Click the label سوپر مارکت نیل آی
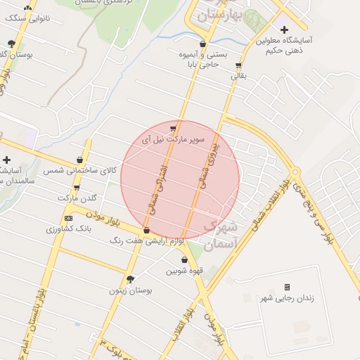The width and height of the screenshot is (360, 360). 173,139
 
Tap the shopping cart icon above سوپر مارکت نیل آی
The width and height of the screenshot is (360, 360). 173,128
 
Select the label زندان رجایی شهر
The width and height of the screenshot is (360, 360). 286,298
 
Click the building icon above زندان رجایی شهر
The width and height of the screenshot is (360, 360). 287,287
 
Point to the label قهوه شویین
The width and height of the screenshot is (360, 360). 184,271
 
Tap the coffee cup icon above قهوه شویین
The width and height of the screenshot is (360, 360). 184,259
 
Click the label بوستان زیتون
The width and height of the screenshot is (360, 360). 130,290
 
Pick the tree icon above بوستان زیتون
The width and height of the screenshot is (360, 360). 130,278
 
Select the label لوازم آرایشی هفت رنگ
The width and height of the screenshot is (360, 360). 147,241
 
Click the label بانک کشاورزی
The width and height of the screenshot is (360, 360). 67,229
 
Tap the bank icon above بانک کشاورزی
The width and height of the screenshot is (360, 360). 68,218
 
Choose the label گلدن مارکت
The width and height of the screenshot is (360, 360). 77,199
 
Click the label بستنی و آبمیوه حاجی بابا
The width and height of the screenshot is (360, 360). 203,59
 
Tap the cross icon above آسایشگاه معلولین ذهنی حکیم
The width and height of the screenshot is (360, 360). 284,30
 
